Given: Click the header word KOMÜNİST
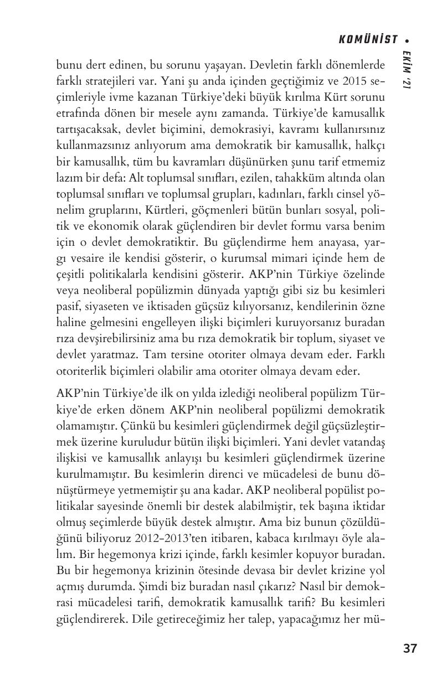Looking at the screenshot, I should pyautogui.click(x=368, y=39).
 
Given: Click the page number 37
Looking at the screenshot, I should pyautogui.click(x=410, y=648).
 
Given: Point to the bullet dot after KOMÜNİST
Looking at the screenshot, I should pyautogui.click(x=407, y=40).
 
